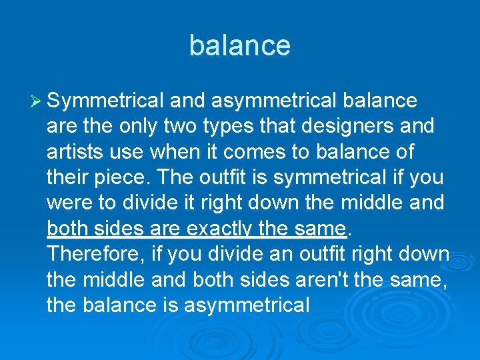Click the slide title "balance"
pos(240,45)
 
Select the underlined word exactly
pos(221,229)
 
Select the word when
pos(176,152)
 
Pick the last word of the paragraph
pos(247,305)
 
